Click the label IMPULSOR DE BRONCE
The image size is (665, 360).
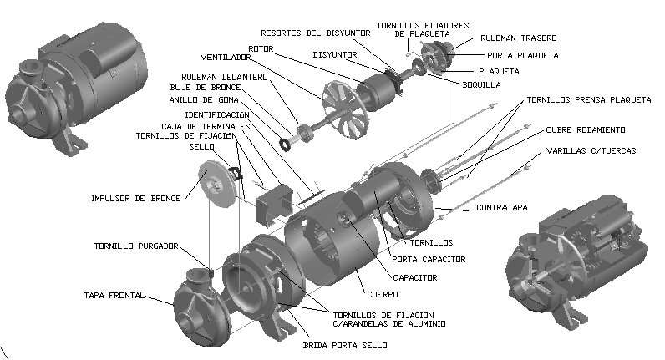pyautogui.click(x=137, y=199)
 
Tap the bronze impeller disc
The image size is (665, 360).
pyautogui.click(x=216, y=187)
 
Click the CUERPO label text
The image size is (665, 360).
pyautogui.click(x=381, y=294)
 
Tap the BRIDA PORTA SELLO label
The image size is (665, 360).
pyautogui.click(x=332, y=343)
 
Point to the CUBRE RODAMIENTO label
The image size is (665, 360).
pyautogui.click(x=586, y=129)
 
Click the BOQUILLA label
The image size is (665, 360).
pyautogui.click(x=483, y=84)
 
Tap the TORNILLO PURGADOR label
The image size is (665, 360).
pyautogui.click(x=135, y=246)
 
